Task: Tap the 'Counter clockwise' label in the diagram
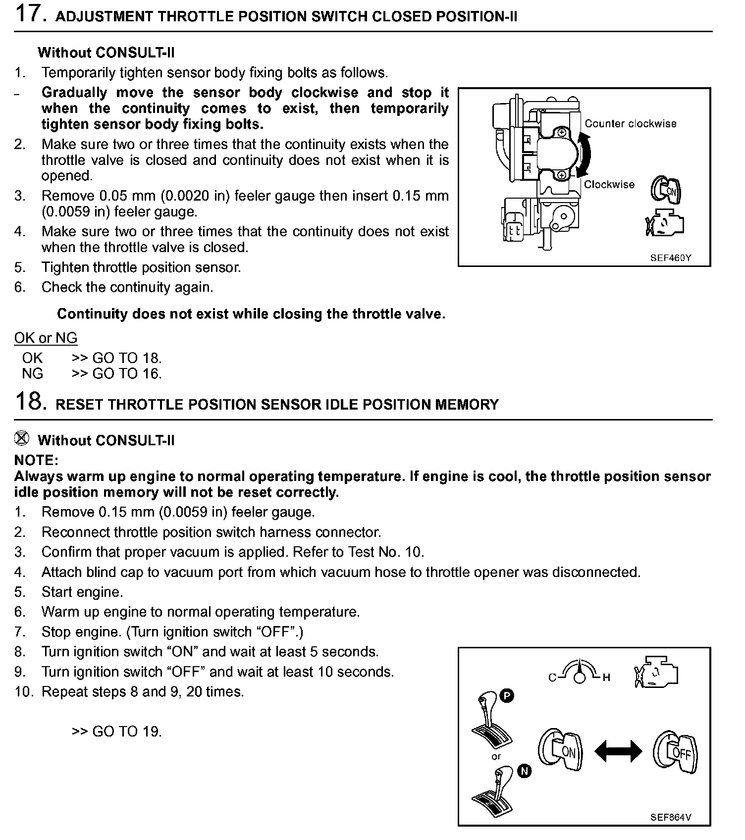[630, 124]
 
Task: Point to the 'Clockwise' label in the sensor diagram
[609, 185]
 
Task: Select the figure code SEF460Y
[671, 258]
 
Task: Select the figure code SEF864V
[670, 817]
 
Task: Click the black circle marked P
[507, 696]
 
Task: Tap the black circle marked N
[525, 771]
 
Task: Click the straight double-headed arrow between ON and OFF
[618, 751]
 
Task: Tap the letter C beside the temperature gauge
[552, 678]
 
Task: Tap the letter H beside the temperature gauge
[606, 678]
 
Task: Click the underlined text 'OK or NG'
[46, 338]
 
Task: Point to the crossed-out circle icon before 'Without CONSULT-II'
[22, 438]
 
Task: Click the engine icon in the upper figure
[664, 225]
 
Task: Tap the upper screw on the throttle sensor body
[561, 133]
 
